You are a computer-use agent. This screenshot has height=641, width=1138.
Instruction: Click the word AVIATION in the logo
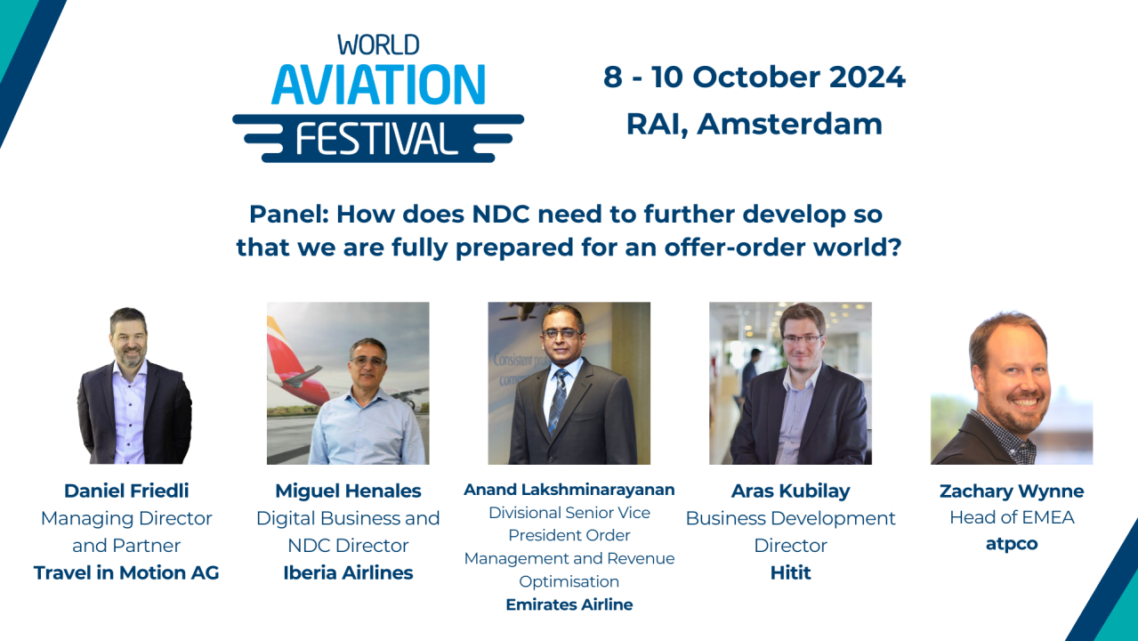[x=378, y=85]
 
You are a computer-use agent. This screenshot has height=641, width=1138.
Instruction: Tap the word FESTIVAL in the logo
[x=377, y=137]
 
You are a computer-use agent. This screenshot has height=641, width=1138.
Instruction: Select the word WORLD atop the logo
[x=378, y=45]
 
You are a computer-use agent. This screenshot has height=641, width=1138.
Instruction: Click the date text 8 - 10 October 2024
[x=754, y=77]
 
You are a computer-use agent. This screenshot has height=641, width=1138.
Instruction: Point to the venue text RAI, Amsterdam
[x=754, y=124]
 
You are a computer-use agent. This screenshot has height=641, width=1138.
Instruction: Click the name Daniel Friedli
[x=126, y=491]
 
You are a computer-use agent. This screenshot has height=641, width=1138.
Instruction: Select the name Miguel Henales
[x=348, y=491]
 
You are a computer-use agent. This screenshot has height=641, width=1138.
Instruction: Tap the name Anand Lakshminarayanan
[x=569, y=490]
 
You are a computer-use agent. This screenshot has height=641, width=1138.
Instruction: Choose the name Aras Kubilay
[x=790, y=491]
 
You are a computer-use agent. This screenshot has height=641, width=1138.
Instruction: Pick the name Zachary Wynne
[x=1012, y=491]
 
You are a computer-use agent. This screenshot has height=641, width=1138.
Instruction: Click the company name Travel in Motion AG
[x=126, y=572]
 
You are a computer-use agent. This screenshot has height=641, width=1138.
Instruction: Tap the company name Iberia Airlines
[x=348, y=572]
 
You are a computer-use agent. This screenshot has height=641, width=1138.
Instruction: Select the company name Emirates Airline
[x=569, y=604]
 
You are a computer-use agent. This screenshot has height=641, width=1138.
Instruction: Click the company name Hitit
[x=790, y=572]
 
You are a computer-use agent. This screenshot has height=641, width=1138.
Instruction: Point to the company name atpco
[x=1012, y=544]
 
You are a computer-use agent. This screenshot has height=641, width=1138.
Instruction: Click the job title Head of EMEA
[x=1012, y=517]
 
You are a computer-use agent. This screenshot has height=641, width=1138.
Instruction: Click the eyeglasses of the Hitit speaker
[x=802, y=338]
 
